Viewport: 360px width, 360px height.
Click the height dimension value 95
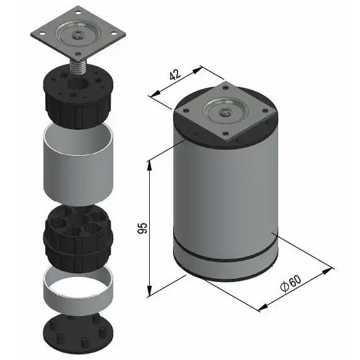point(142,227)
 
